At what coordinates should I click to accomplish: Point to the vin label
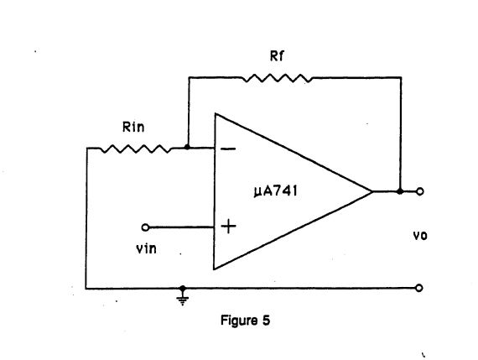pyautogui.click(x=146, y=249)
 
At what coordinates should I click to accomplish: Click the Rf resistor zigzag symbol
pyautogui.click(x=277, y=78)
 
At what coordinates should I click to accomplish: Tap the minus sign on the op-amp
pyautogui.click(x=228, y=149)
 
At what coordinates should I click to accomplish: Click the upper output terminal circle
pyautogui.click(x=420, y=192)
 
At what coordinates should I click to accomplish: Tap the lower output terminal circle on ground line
pyautogui.click(x=420, y=288)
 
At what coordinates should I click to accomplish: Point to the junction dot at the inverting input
pyautogui.click(x=187, y=149)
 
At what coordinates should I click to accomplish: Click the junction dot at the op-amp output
pyautogui.click(x=400, y=192)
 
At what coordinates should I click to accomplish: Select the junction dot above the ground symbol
pyautogui.click(x=182, y=288)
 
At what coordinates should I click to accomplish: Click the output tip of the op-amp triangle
pyautogui.click(x=372, y=192)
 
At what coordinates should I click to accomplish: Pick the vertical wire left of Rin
pyautogui.click(x=87, y=218)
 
